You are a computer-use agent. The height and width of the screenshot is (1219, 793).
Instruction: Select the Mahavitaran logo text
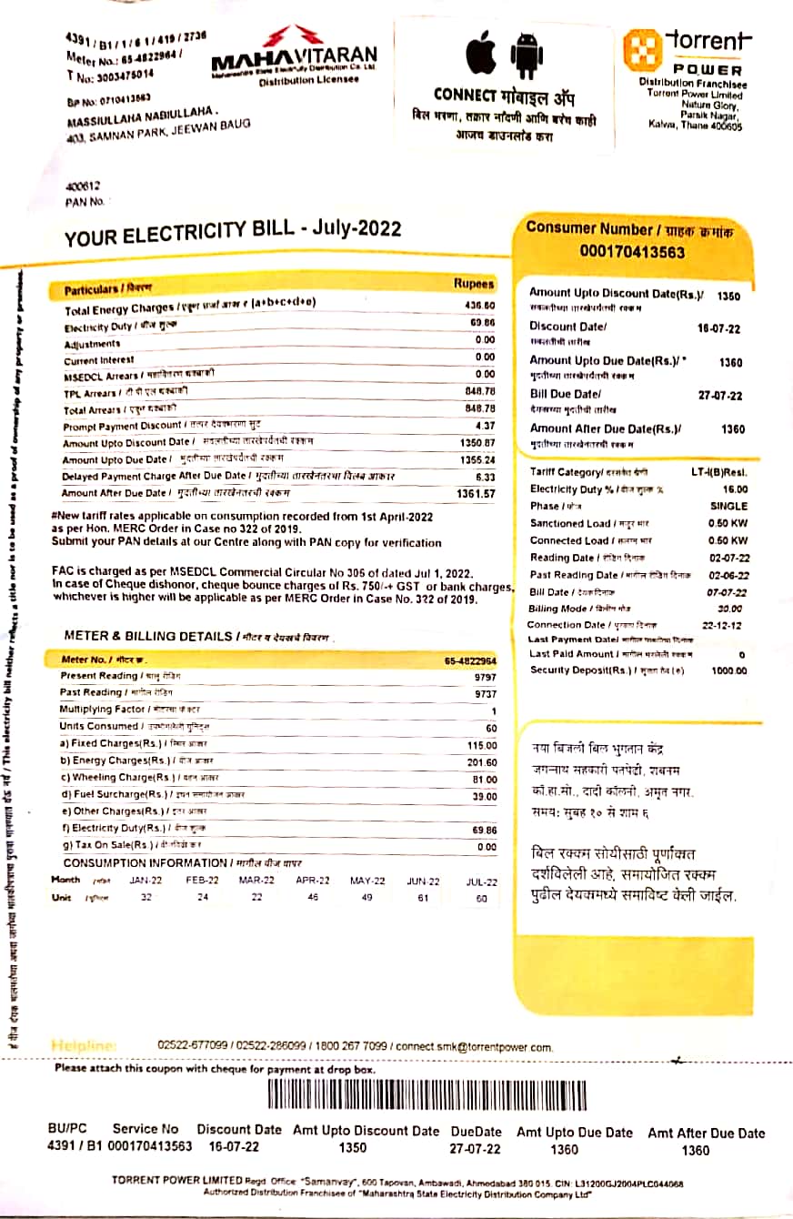point(293,60)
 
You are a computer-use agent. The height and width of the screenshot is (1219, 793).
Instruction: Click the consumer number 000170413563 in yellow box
point(632,252)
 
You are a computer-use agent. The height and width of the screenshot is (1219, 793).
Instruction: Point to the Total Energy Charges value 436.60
point(479,306)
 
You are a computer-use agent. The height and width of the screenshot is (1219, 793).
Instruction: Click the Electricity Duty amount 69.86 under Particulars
point(483,323)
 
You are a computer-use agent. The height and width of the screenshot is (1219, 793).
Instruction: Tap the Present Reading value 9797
point(485,678)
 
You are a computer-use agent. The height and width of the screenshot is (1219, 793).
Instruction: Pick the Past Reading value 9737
point(485,694)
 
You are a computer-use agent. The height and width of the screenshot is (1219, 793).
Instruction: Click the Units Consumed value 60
point(491,728)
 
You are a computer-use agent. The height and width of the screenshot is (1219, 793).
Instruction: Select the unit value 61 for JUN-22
point(422,898)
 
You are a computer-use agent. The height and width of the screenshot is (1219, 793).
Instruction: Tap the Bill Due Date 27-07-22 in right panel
point(720,396)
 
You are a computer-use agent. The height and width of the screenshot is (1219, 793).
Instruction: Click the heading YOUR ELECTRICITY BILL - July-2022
point(233,231)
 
